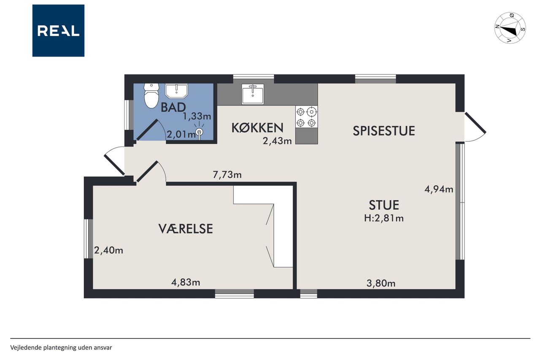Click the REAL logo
point(58,31)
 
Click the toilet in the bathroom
point(151,95)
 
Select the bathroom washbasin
point(176,91)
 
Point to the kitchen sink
point(253,94)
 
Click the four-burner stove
point(306,117)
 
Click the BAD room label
point(173,107)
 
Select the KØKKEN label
point(257,128)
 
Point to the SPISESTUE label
point(384,131)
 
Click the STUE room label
point(384,205)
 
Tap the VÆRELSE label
point(186,229)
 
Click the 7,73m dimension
point(227,174)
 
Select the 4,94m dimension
point(439,189)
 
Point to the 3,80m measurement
point(381,283)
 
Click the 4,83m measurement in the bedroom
point(186,282)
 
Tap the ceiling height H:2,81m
point(384,218)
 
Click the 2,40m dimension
point(108,250)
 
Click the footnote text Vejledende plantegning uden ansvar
point(61,348)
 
